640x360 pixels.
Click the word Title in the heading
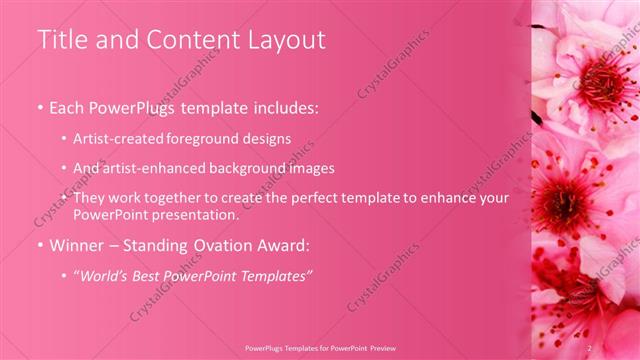61,40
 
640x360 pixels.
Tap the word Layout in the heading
287,40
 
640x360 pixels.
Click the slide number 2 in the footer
590,346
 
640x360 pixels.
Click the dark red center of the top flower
600,77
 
